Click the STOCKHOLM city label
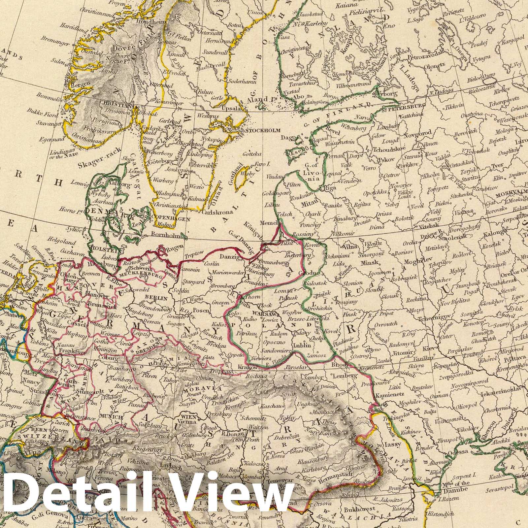click(x=263, y=130)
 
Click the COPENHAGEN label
click(x=171, y=218)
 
